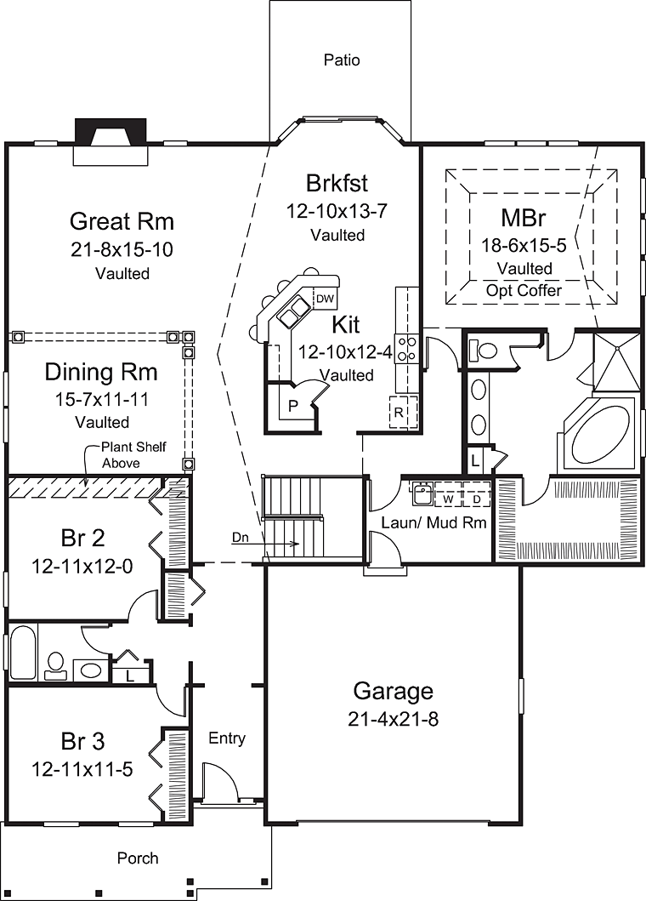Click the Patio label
(342, 60)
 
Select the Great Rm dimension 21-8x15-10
(122, 250)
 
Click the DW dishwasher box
(324, 299)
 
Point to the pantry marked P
(292, 406)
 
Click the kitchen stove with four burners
(407, 350)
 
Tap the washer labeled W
(448, 499)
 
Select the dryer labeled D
(477, 499)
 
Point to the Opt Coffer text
(524, 289)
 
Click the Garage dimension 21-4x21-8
(393, 719)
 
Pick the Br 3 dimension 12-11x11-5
(82, 769)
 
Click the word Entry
(227, 738)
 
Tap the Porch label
(138, 858)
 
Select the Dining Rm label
(101, 372)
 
